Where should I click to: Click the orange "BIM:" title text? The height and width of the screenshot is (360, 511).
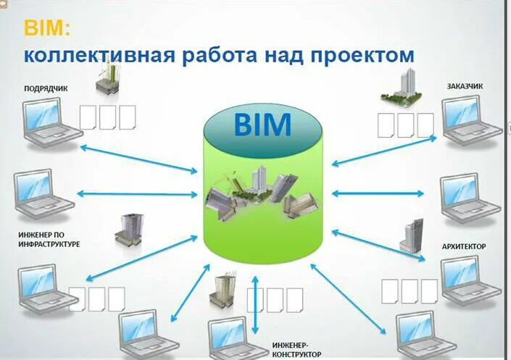48,28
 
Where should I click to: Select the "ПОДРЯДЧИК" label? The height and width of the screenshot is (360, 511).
46,88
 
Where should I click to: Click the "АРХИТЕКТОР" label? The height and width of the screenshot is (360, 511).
464,246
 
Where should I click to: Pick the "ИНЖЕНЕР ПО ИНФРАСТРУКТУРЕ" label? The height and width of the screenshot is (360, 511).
49,240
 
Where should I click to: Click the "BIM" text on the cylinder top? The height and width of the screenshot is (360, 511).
262,125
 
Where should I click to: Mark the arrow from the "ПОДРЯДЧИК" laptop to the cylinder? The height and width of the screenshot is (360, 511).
138,159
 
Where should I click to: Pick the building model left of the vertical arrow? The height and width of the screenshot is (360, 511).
221,293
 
